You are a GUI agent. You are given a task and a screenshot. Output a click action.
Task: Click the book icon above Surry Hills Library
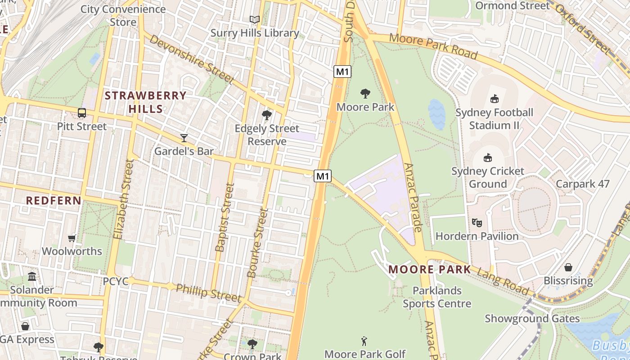coord(255,19)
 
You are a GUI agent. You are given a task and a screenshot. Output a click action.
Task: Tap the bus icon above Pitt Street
coord(82,113)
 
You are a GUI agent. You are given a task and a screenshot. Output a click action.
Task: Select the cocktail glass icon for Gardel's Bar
coord(184,138)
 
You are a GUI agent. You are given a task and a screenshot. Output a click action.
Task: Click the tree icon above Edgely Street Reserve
coord(267,115)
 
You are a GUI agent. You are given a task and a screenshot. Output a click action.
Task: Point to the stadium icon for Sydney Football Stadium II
coord(495,99)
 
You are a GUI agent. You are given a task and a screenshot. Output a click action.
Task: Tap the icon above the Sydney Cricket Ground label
coord(488,157)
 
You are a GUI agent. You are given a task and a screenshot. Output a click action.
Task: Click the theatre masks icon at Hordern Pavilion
coord(477,222)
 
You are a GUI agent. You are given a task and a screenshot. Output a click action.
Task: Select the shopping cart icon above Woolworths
coord(72,238)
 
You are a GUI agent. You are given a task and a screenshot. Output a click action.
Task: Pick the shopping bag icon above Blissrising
coord(568,267)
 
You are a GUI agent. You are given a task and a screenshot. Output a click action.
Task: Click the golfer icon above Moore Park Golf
coord(364,341)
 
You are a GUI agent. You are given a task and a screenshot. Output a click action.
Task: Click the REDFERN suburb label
coord(54,201)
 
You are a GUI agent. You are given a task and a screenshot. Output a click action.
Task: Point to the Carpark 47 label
coord(582,184)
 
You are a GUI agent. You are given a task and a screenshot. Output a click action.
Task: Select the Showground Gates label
coord(532,319)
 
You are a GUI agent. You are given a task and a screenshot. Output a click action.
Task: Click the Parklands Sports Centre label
coord(437,297)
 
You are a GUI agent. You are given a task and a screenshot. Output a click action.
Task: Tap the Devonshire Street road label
coord(192,59)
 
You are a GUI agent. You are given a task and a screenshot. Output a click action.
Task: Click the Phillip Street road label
coord(208,292)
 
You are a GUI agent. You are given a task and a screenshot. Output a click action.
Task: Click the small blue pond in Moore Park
coord(436,114)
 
